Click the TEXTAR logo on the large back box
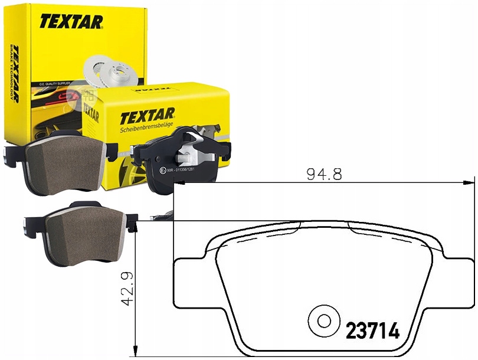point(71,21)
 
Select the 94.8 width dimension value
point(324,174)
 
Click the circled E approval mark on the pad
point(163,171)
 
